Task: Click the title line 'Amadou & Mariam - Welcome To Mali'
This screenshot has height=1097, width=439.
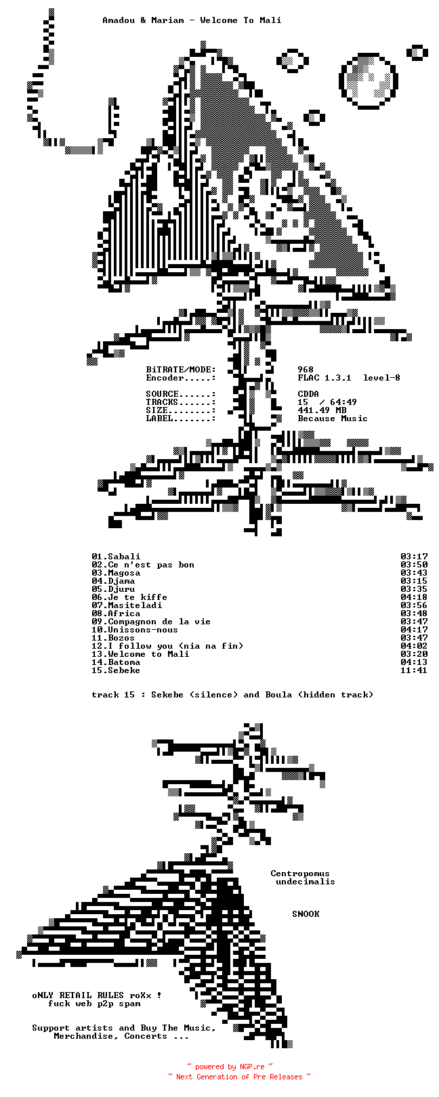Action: tap(192, 20)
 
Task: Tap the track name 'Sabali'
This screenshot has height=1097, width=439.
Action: tap(124, 557)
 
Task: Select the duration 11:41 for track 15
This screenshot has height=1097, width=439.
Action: tap(413, 670)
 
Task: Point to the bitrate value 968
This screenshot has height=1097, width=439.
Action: tap(306, 370)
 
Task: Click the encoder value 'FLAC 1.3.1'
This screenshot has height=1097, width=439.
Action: tap(325, 378)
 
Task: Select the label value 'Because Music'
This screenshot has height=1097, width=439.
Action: tap(333, 418)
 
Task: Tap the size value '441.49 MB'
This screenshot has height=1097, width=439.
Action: tap(322, 410)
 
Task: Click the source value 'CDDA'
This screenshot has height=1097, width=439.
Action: tap(308, 394)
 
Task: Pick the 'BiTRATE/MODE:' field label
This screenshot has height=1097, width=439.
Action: tap(181, 370)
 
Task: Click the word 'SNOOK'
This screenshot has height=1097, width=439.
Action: tap(306, 914)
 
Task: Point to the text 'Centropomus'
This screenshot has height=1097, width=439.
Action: tap(300, 874)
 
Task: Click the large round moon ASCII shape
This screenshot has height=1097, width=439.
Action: tap(368, 80)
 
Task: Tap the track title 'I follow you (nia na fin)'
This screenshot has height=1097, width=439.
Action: tap(175, 646)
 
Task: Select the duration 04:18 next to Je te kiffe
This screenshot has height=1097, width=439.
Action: tap(413, 597)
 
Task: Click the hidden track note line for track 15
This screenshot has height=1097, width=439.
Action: tap(232, 695)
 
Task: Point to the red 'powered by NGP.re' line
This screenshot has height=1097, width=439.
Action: tap(230, 1067)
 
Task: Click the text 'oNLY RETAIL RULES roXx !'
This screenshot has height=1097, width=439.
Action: tap(97, 995)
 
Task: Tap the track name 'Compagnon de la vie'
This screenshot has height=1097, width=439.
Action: tap(159, 622)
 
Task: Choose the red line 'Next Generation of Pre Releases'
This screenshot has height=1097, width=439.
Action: tap(239, 1077)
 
